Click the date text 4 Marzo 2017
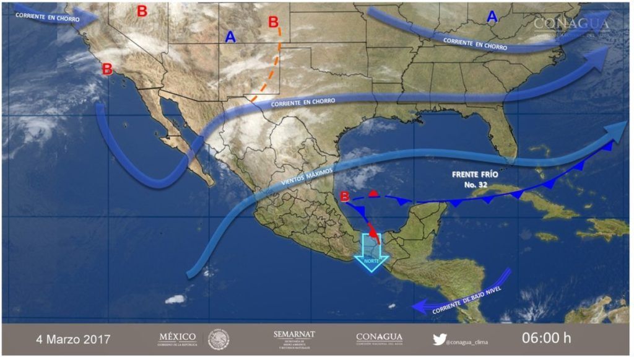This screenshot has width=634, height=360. [73, 339]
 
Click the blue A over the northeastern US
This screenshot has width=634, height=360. [492, 17]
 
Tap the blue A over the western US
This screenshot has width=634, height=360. [230, 37]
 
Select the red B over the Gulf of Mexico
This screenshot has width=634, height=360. [345, 197]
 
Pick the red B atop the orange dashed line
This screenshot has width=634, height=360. [273, 22]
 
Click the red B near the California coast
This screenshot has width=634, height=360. [106, 69]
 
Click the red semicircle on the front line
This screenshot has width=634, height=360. [373, 195]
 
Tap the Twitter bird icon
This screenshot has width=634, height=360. [439, 338]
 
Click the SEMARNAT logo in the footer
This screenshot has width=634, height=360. [293, 339]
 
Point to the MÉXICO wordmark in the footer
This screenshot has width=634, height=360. [177, 338]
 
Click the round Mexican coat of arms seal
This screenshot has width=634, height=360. [219, 339]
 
